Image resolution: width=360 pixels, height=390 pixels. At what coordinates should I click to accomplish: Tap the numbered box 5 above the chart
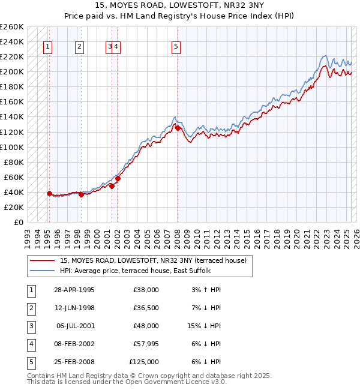[176, 47]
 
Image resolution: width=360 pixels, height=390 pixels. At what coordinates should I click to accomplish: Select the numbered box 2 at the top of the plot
[80, 47]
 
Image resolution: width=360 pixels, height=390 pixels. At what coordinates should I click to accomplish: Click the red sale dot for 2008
[178, 128]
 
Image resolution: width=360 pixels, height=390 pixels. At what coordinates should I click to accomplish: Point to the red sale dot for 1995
[50, 193]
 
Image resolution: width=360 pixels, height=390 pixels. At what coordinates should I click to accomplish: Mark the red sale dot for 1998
[81, 194]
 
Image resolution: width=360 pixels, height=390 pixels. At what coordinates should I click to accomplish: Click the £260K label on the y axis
[12, 27]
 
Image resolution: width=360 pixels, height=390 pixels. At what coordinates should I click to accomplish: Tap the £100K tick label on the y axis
[12, 147]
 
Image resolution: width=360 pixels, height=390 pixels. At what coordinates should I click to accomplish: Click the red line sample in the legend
[43, 261]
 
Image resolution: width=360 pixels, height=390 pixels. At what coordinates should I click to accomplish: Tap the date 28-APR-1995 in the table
[74, 290]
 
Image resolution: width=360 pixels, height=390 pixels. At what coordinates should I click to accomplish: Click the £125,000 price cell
[144, 362]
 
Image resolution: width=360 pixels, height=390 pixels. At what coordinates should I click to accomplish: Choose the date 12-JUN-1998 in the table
[74, 308]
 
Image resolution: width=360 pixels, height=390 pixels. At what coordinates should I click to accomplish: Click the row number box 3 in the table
[31, 326]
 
